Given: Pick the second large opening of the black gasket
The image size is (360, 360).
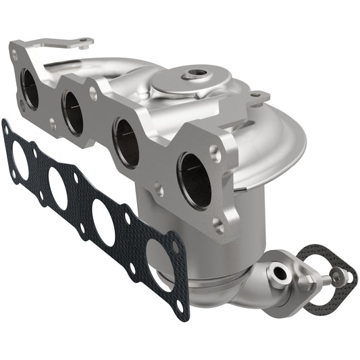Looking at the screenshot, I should click(x=58, y=189).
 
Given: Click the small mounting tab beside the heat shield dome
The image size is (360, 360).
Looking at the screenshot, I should click(x=258, y=99).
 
